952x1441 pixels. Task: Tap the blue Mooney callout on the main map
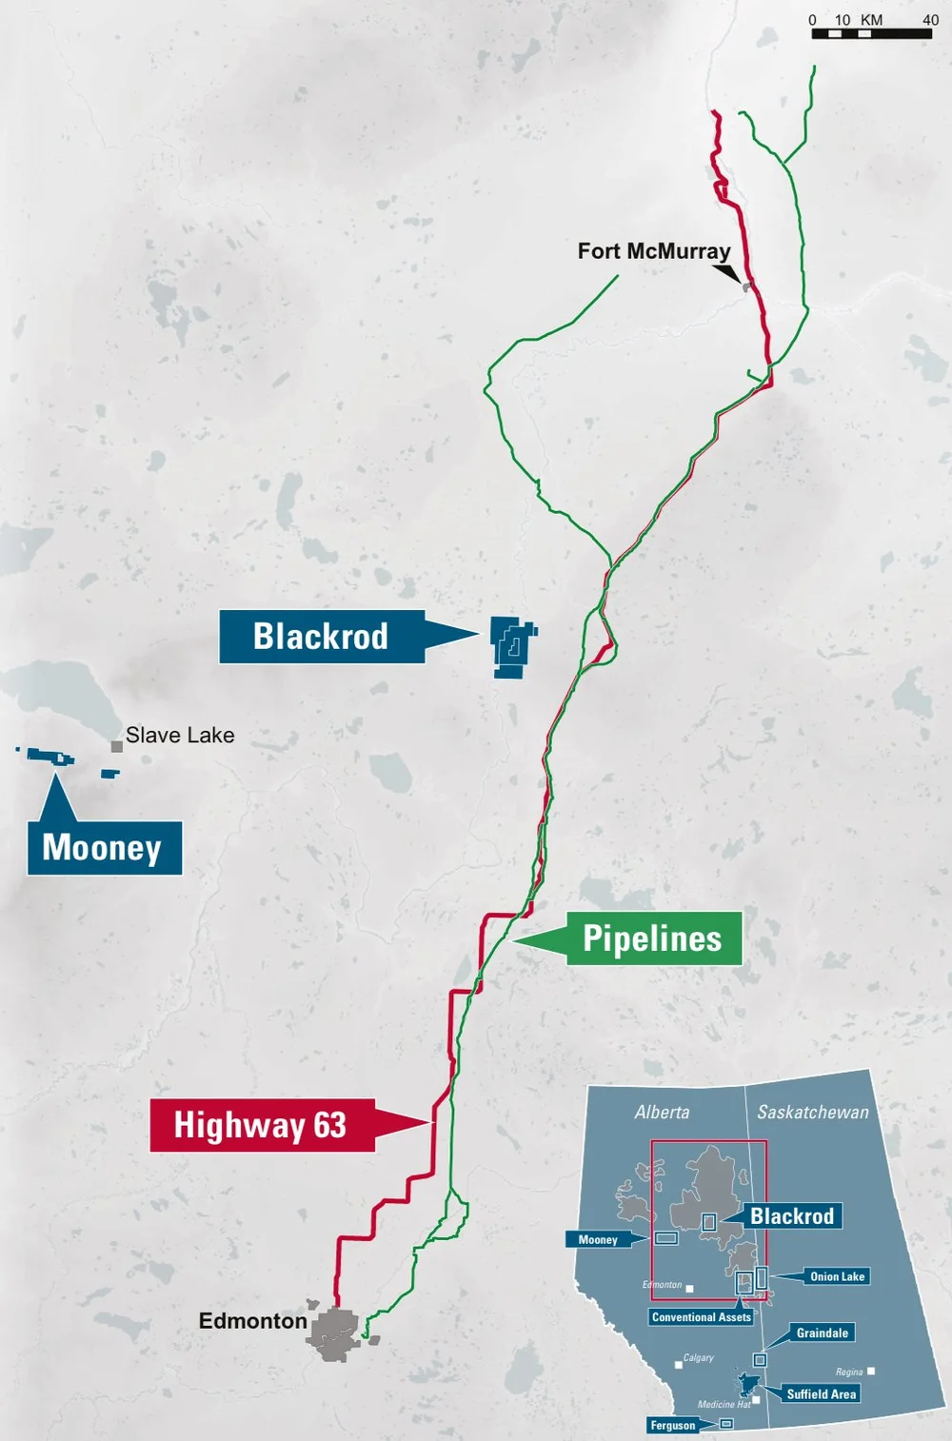[103, 847]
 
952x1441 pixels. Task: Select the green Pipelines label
[652, 938]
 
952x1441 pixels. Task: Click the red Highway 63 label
[260, 1125]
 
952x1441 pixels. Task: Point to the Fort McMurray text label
[654, 251]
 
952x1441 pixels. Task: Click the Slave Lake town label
[180, 735]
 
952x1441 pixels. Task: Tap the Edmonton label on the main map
[252, 1321]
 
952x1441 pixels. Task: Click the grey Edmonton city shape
[332, 1332]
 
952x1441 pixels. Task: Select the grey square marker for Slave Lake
[116, 746]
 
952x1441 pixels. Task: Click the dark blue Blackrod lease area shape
[512, 647]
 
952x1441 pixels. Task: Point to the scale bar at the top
[871, 34]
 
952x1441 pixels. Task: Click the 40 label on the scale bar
[930, 19]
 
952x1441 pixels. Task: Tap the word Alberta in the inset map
[662, 1112]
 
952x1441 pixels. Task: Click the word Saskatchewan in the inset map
[812, 1112]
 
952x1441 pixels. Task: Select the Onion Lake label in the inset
[837, 1276]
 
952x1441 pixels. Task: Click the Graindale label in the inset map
[822, 1332]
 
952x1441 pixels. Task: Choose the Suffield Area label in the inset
[821, 1393]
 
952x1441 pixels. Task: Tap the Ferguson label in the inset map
[673, 1425]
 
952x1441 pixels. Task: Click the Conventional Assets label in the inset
[702, 1317]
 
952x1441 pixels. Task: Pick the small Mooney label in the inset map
[598, 1239]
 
